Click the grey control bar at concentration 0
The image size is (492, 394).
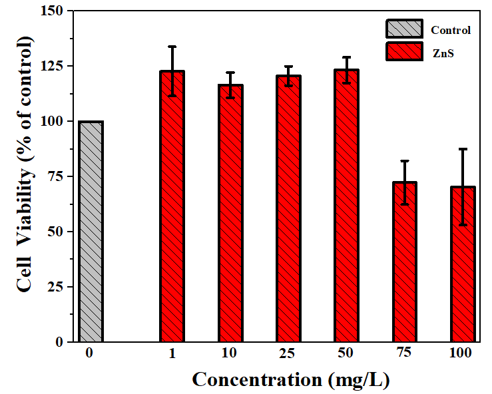click(x=91, y=232)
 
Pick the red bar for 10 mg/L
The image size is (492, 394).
click(x=230, y=213)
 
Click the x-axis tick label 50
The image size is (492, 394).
click(x=346, y=353)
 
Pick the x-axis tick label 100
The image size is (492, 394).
click(x=462, y=353)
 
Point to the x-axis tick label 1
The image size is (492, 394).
click(x=172, y=353)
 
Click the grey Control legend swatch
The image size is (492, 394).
click(x=403, y=29)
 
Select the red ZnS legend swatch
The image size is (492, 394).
click(x=403, y=51)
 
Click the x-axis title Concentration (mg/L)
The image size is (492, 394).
click(x=290, y=379)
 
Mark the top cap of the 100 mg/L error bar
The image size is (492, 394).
click(x=462, y=149)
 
